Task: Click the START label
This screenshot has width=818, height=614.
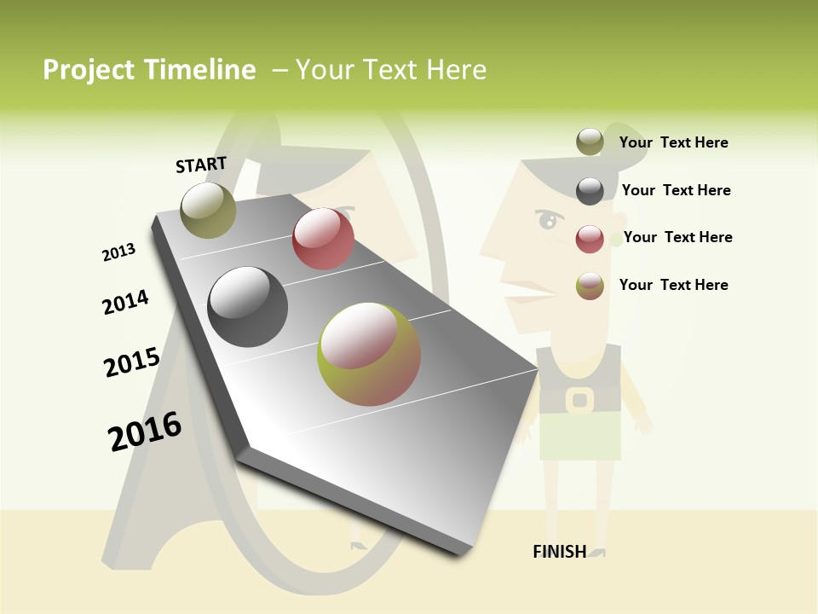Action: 201,165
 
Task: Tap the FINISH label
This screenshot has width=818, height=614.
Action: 559,552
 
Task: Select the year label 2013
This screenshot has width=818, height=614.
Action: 118,252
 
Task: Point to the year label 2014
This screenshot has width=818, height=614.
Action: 125,302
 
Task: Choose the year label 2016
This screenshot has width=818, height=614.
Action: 145,432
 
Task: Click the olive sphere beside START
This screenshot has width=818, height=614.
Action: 208,210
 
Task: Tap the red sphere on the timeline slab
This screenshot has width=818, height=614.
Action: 323,239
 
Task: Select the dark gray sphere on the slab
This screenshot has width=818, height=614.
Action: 247,306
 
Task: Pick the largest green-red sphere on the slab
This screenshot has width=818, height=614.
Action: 369,354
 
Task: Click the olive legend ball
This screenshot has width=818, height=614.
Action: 590,142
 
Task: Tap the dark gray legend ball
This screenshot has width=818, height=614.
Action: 590,191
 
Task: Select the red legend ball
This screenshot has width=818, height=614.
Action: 590,239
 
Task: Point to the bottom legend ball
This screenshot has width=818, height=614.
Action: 590,286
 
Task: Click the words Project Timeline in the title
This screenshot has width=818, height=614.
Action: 149,70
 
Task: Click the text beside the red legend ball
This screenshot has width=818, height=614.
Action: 677,237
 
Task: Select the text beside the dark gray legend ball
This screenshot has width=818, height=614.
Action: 676,190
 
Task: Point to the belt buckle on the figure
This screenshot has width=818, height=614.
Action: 579,399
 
